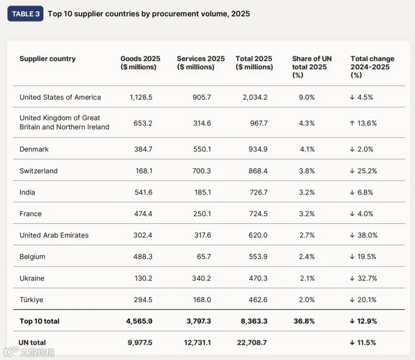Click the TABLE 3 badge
25,14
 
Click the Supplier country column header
47,59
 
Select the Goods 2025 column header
140,63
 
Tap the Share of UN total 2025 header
312,67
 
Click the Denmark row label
34,149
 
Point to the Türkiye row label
31,300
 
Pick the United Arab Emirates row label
54,235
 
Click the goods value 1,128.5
141,97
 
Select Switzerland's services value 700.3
202,171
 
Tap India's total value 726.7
259,192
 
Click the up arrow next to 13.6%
352,123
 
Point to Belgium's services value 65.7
204,257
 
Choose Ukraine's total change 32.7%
367,278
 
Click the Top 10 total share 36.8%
304,321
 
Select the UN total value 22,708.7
252,342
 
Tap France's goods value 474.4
143,214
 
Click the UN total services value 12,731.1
197,342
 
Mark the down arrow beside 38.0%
352,235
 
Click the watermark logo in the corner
29,352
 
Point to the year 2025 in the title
241,14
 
